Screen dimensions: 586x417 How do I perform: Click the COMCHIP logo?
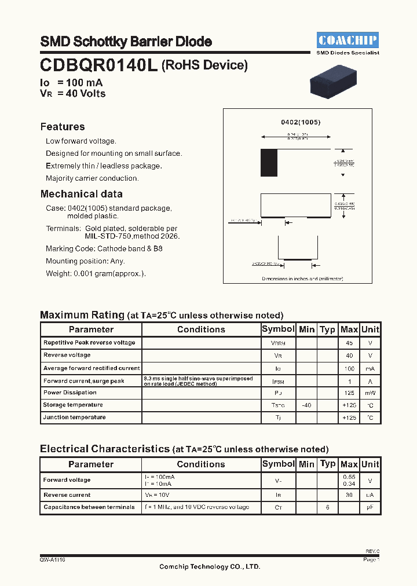pos(348,40)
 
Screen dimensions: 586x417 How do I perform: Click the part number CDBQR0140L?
pos(98,65)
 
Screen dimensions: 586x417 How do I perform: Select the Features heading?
pos(63,127)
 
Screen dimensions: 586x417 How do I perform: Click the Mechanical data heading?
pos(81,194)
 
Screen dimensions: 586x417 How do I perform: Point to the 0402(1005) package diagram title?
pos(301,123)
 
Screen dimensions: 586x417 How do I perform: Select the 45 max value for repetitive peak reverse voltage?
pos(349,342)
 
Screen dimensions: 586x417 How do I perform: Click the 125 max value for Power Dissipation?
pos(349,393)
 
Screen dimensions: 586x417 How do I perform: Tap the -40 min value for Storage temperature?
pos(306,405)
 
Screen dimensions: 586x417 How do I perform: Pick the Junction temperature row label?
pos(74,417)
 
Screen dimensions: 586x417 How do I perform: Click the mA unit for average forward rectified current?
pos(370,368)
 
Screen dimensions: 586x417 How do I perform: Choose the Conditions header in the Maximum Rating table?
pos(201,329)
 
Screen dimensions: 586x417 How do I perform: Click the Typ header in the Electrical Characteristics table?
pos(328,464)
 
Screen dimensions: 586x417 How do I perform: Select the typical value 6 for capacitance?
pos(327,507)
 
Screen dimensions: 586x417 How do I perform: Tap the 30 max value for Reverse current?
pos(349,495)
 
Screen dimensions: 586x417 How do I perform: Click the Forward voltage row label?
pos(67,480)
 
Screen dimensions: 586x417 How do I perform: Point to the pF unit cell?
pos(370,507)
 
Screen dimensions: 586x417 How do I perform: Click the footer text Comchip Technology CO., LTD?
pos(210,566)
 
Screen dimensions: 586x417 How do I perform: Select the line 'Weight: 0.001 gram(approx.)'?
pos(96,273)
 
